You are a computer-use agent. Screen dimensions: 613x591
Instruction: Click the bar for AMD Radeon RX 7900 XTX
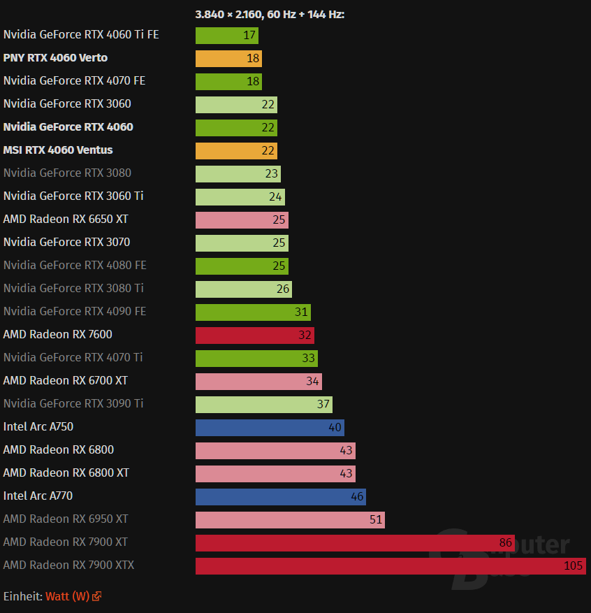(x=390, y=565)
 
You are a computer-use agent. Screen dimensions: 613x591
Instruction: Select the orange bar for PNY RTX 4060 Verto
(x=228, y=59)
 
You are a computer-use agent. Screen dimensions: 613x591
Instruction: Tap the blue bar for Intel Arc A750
(x=270, y=428)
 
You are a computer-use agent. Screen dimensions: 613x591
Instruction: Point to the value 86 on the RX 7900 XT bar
(x=506, y=542)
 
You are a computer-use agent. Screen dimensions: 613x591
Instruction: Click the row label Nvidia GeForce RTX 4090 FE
(x=75, y=311)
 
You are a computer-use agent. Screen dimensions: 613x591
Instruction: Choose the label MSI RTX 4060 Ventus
(x=58, y=150)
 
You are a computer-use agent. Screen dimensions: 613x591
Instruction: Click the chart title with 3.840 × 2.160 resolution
(x=270, y=14)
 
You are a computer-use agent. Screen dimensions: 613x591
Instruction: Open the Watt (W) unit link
(x=68, y=596)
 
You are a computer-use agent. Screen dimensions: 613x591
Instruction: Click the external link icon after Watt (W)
(x=97, y=596)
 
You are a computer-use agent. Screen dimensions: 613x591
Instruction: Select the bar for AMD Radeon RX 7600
(x=254, y=336)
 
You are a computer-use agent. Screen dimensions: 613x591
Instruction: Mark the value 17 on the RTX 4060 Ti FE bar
(x=249, y=36)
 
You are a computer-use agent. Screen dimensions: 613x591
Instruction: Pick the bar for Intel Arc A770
(x=280, y=497)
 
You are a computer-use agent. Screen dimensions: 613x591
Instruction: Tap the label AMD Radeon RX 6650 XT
(x=66, y=219)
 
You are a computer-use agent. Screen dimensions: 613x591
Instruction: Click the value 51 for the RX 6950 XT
(x=376, y=519)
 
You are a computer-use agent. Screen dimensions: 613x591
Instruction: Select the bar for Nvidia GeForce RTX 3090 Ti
(x=263, y=405)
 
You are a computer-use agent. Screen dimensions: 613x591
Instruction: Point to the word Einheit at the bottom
(x=22, y=596)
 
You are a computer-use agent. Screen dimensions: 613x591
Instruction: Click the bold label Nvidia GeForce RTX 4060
(x=68, y=127)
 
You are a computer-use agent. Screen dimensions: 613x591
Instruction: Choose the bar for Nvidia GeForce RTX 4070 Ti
(x=256, y=359)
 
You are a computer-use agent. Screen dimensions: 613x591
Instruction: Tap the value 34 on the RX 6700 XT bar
(x=313, y=382)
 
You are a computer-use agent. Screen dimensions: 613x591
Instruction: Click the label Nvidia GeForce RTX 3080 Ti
(x=73, y=288)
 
